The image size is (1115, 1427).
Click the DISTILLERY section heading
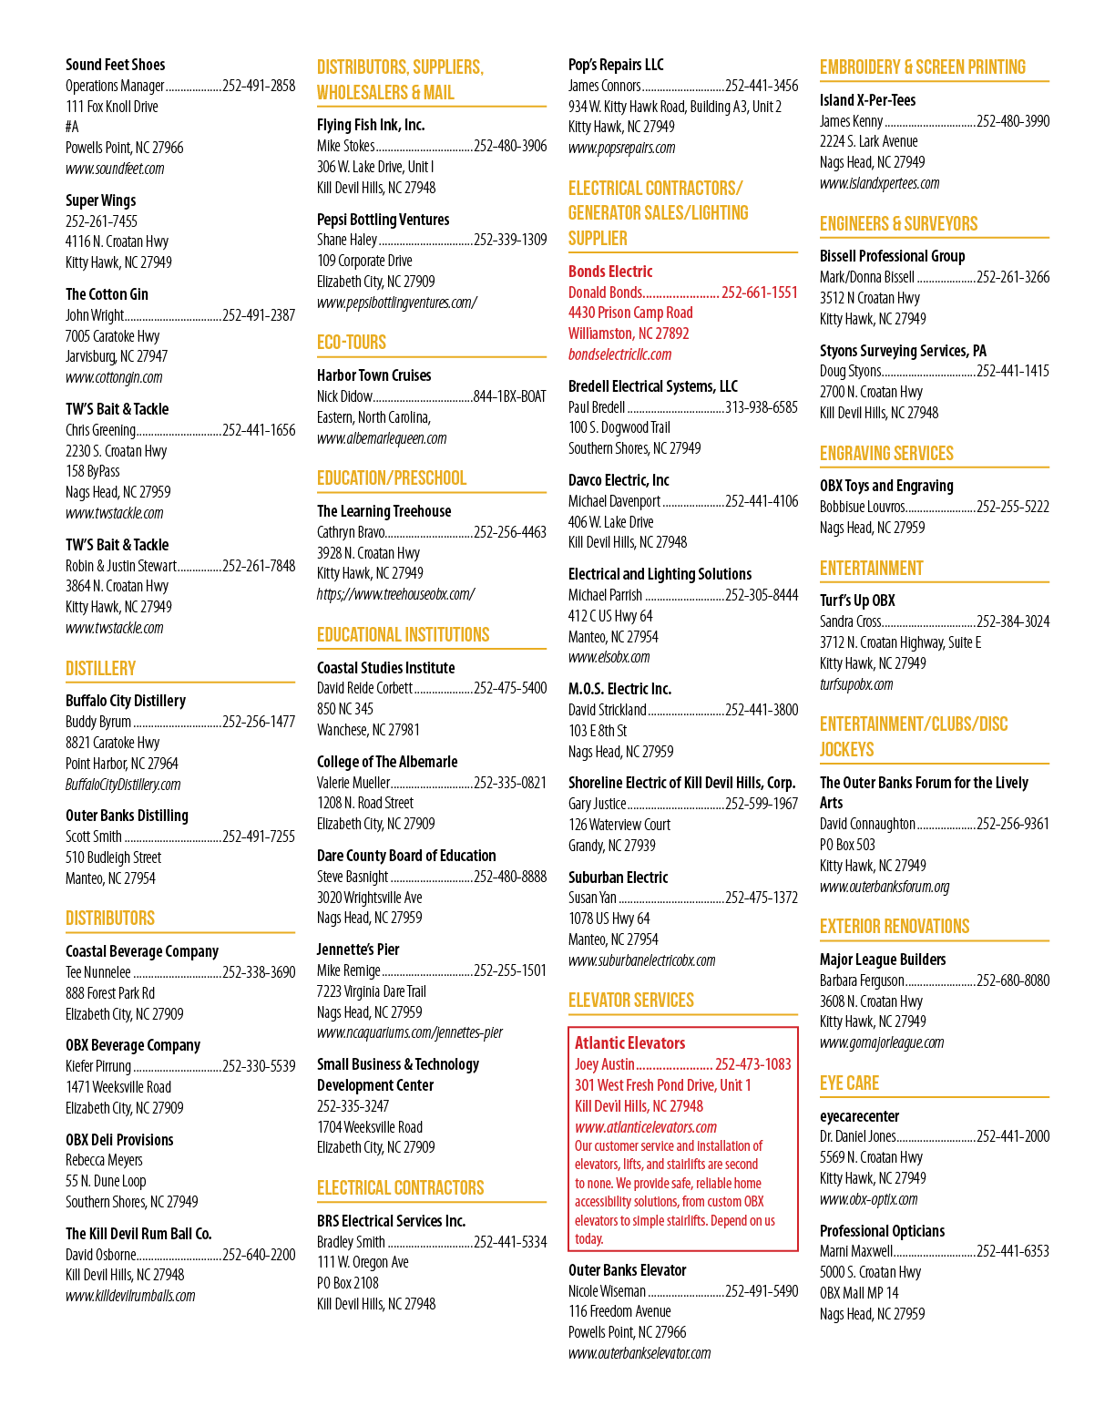[100, 669]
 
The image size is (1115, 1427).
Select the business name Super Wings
[100, 200]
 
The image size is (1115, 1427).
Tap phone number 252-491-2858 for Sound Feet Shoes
[259, 86]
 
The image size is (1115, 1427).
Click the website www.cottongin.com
[114, 377]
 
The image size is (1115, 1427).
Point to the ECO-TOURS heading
[351, 342]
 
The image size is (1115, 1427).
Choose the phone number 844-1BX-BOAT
[510, 396]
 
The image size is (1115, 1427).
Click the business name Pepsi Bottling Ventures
[383, 220]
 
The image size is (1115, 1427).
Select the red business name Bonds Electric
[610, 272]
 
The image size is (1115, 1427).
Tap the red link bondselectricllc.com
[619, 354]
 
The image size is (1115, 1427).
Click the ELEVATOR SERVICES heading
[630, 1001]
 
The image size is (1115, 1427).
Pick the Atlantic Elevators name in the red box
[629, 1042]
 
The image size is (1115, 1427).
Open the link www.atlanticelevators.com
[646, 1127]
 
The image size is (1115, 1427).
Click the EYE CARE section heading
[849, 1083]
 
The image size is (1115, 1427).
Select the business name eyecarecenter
[859, 1116]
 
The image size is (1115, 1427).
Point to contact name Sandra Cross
[850, 621]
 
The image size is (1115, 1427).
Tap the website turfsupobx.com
[855, 684]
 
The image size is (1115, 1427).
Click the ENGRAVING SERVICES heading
[886, 453]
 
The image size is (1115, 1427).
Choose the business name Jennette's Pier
[358, 950]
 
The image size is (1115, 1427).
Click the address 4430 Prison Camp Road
[630, 313]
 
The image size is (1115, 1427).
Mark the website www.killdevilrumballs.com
[130, 1297]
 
